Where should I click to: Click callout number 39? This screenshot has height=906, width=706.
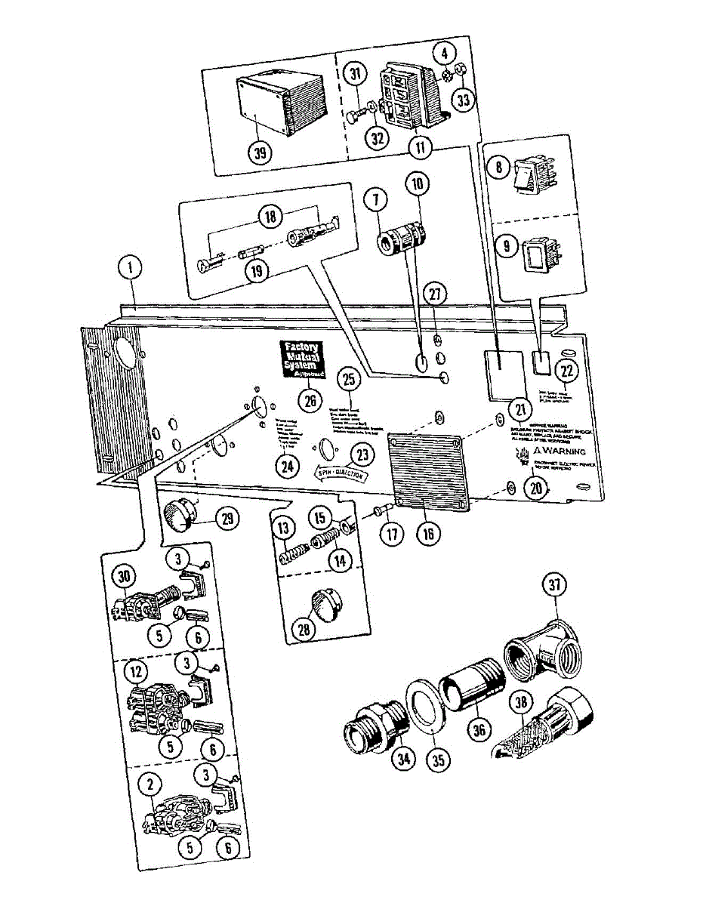coord(261,153)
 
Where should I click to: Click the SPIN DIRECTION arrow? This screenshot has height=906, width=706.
coord(341,475)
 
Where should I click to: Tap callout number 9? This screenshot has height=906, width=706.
coord(503,247)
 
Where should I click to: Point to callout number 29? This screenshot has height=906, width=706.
coord(226,518)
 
